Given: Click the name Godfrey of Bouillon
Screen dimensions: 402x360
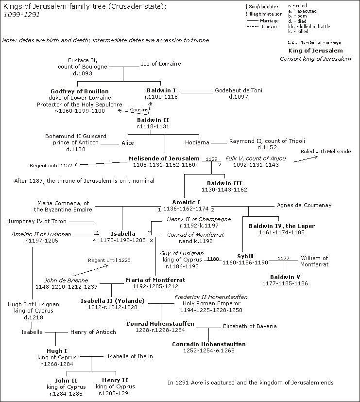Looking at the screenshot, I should click(80, 91).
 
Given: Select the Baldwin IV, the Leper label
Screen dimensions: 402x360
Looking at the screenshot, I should click(282, 226).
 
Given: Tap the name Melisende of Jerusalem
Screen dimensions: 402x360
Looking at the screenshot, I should click(164, 158).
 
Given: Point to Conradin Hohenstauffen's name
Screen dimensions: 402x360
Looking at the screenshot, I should click(208, 344).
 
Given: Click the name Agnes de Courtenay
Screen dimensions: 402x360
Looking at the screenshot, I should click(304, 205).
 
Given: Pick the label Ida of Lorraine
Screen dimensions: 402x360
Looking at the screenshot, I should click(161, 64).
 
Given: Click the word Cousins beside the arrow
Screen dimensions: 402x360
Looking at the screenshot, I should click(139, 110).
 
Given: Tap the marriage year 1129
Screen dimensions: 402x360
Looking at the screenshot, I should click(212, 159).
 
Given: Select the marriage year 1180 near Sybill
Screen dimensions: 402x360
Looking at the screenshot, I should click(213, 259).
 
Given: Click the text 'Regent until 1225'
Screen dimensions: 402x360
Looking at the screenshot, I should click(109, 261).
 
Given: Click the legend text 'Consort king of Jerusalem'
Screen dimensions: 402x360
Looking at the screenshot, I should click(315, 59).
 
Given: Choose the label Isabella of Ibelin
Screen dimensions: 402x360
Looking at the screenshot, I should click(130, 356).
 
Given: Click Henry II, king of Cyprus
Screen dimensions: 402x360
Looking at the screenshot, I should click(115, 380).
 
